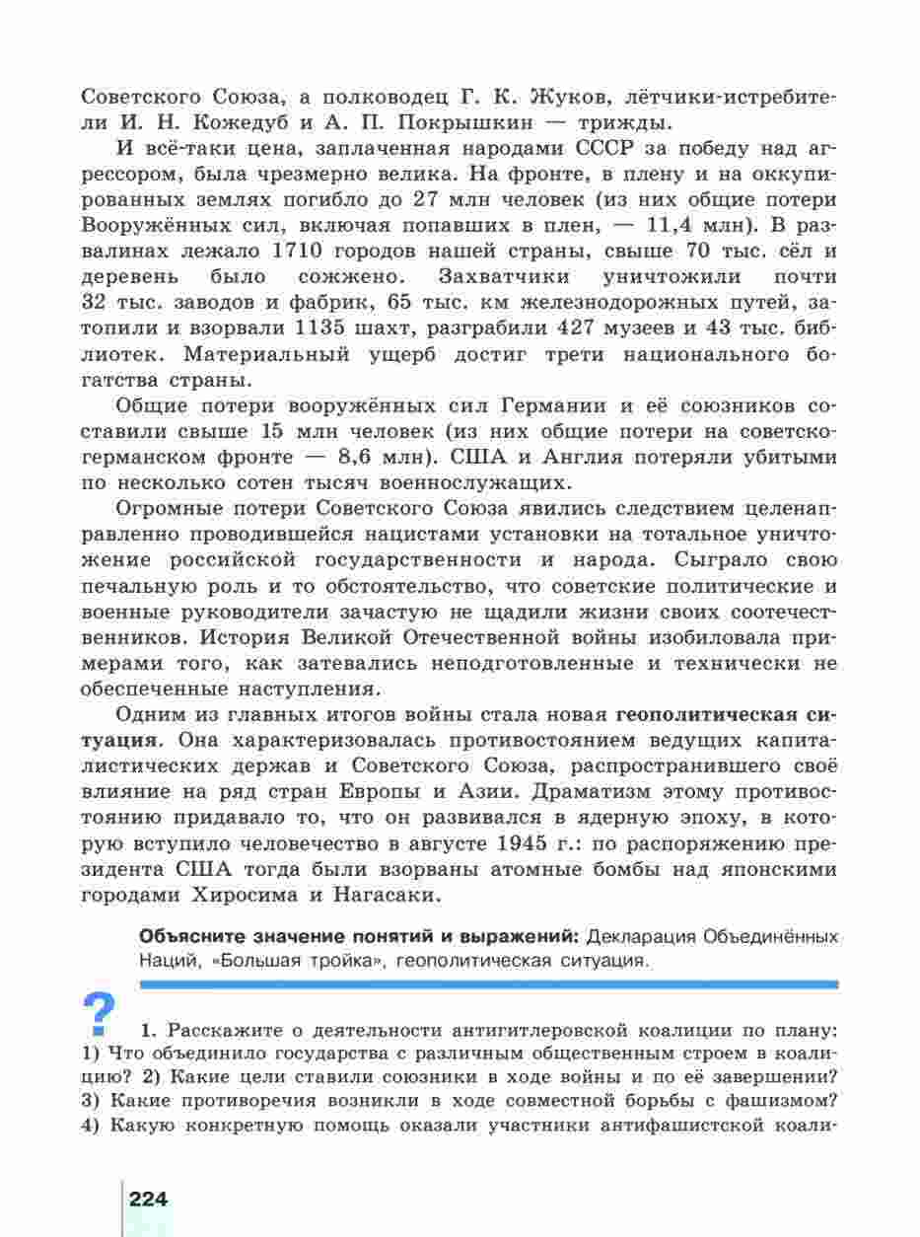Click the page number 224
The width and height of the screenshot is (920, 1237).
point(149,1200)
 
